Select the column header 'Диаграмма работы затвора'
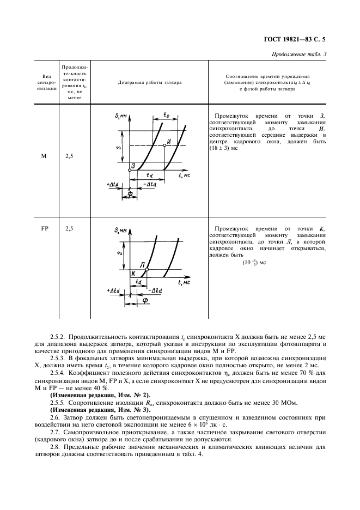point(150,83)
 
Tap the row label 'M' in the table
point(44,156)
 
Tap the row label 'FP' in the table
point(44,229)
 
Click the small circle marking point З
point(130,170)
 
